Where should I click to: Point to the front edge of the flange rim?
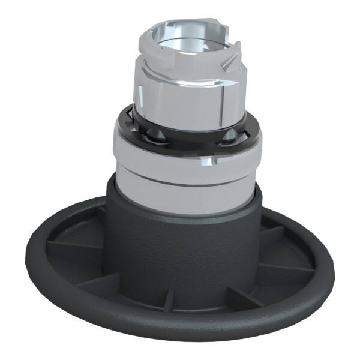pyautogui.click(x=180, y=333)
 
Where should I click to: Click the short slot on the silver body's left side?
pyautogui.click(x=139, y=96)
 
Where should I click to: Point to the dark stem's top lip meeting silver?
pyautogui.click(x=180, y=213)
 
